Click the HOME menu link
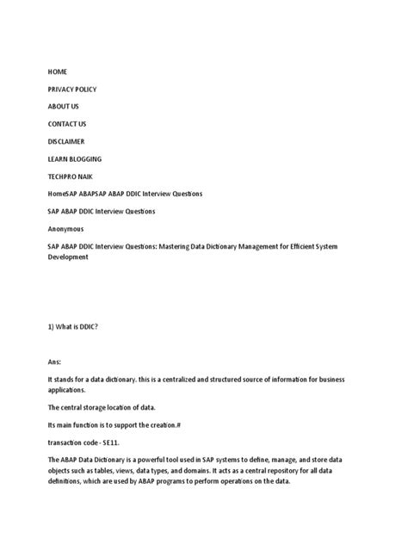click(57, 71)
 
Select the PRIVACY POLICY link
click(71, 89)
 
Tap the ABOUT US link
click(63, 106)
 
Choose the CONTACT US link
click(67, 124)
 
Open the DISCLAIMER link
click(66, 141)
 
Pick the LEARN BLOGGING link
click(74, 159)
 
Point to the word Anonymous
click(65, 230)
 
